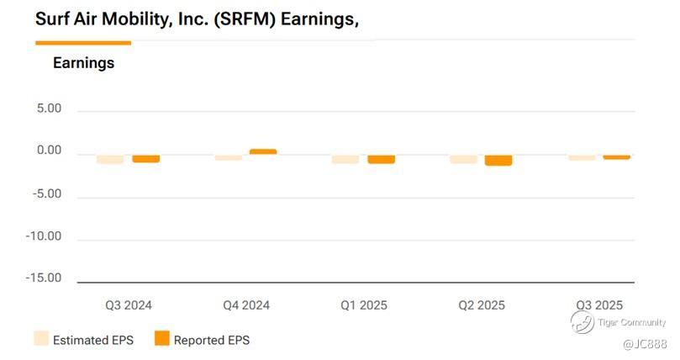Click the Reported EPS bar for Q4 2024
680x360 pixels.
click(263, 151)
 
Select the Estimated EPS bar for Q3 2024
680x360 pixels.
click(110, 159)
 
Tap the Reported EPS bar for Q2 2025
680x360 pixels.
click(498, 160)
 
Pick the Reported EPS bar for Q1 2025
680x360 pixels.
click(381, 159)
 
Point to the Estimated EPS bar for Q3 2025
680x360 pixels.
click(582, 157)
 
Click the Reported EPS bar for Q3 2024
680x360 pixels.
click(145, 158)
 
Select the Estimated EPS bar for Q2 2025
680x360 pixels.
click(463, 159)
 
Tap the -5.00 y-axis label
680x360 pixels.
click(44, 193)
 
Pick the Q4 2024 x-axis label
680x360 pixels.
click(246, 305)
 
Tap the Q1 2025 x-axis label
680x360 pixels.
click(364, 305)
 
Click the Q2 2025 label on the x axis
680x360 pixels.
click(482, 305)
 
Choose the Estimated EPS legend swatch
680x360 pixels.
click(41, 339)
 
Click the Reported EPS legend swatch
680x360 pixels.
click(161, 339)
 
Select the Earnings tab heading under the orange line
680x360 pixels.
click(83, 62)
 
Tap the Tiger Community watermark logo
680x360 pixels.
click(582, 321)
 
